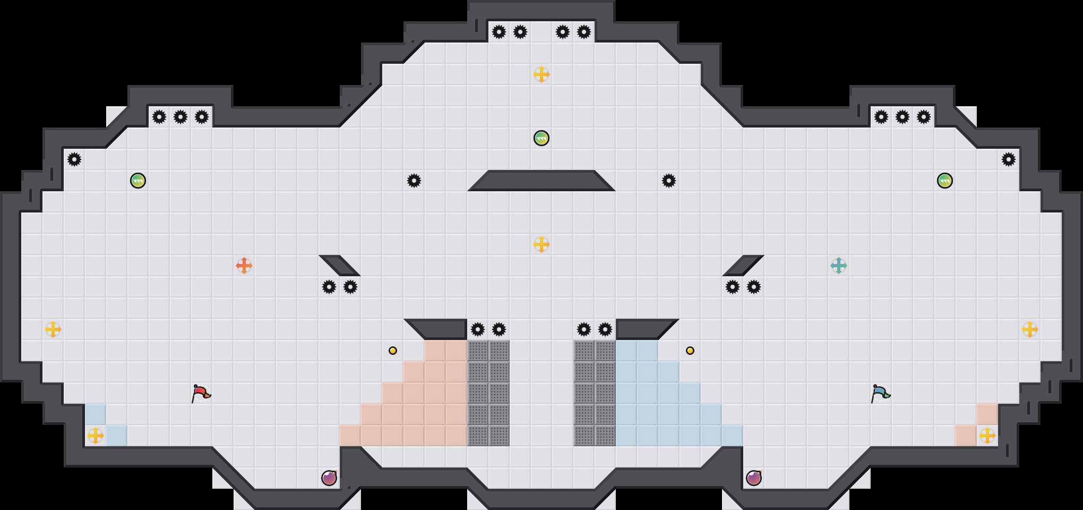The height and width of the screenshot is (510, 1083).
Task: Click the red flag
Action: tap(201, 394)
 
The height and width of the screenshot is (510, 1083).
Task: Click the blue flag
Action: tap(880, 394)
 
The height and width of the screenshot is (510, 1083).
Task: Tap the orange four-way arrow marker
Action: tap(244, 266)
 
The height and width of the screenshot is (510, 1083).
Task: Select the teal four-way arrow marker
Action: tap(839, 266)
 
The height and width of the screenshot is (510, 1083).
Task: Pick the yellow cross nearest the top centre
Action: tap(541, 74)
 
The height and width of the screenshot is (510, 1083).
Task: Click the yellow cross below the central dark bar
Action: tap(541, 244)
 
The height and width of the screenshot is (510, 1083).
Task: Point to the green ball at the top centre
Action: tap(541, 138)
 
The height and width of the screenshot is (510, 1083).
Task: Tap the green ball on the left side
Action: tap(138, 181)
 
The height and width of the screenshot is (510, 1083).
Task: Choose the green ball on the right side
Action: tap(945, 181)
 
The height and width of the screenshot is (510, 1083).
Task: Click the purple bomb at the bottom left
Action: tap(329, 478)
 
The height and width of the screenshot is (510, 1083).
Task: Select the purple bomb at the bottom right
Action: tap(754, 478)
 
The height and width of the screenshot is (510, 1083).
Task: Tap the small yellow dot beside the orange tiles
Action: tap(393, 351)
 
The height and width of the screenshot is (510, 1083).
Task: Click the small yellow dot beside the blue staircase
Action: tap(690, 351)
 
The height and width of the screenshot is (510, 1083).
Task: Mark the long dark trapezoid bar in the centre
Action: tap(541, 181)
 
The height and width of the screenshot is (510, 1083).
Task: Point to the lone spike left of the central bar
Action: tap(414, 181)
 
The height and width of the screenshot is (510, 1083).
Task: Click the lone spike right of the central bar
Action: tap(669, 181)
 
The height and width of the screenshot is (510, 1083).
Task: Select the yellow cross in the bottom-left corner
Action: tap(96, 436)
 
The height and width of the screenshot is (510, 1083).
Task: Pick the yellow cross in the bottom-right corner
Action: tap(987, 436)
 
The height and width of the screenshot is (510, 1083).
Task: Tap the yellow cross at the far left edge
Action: tap(53, 329)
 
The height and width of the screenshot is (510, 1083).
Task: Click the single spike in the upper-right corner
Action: tap(1009, 159)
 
